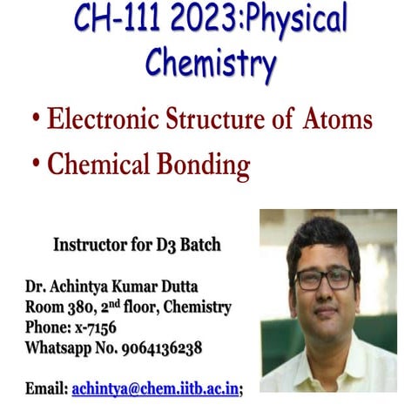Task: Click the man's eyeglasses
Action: click(x=323, y=279)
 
